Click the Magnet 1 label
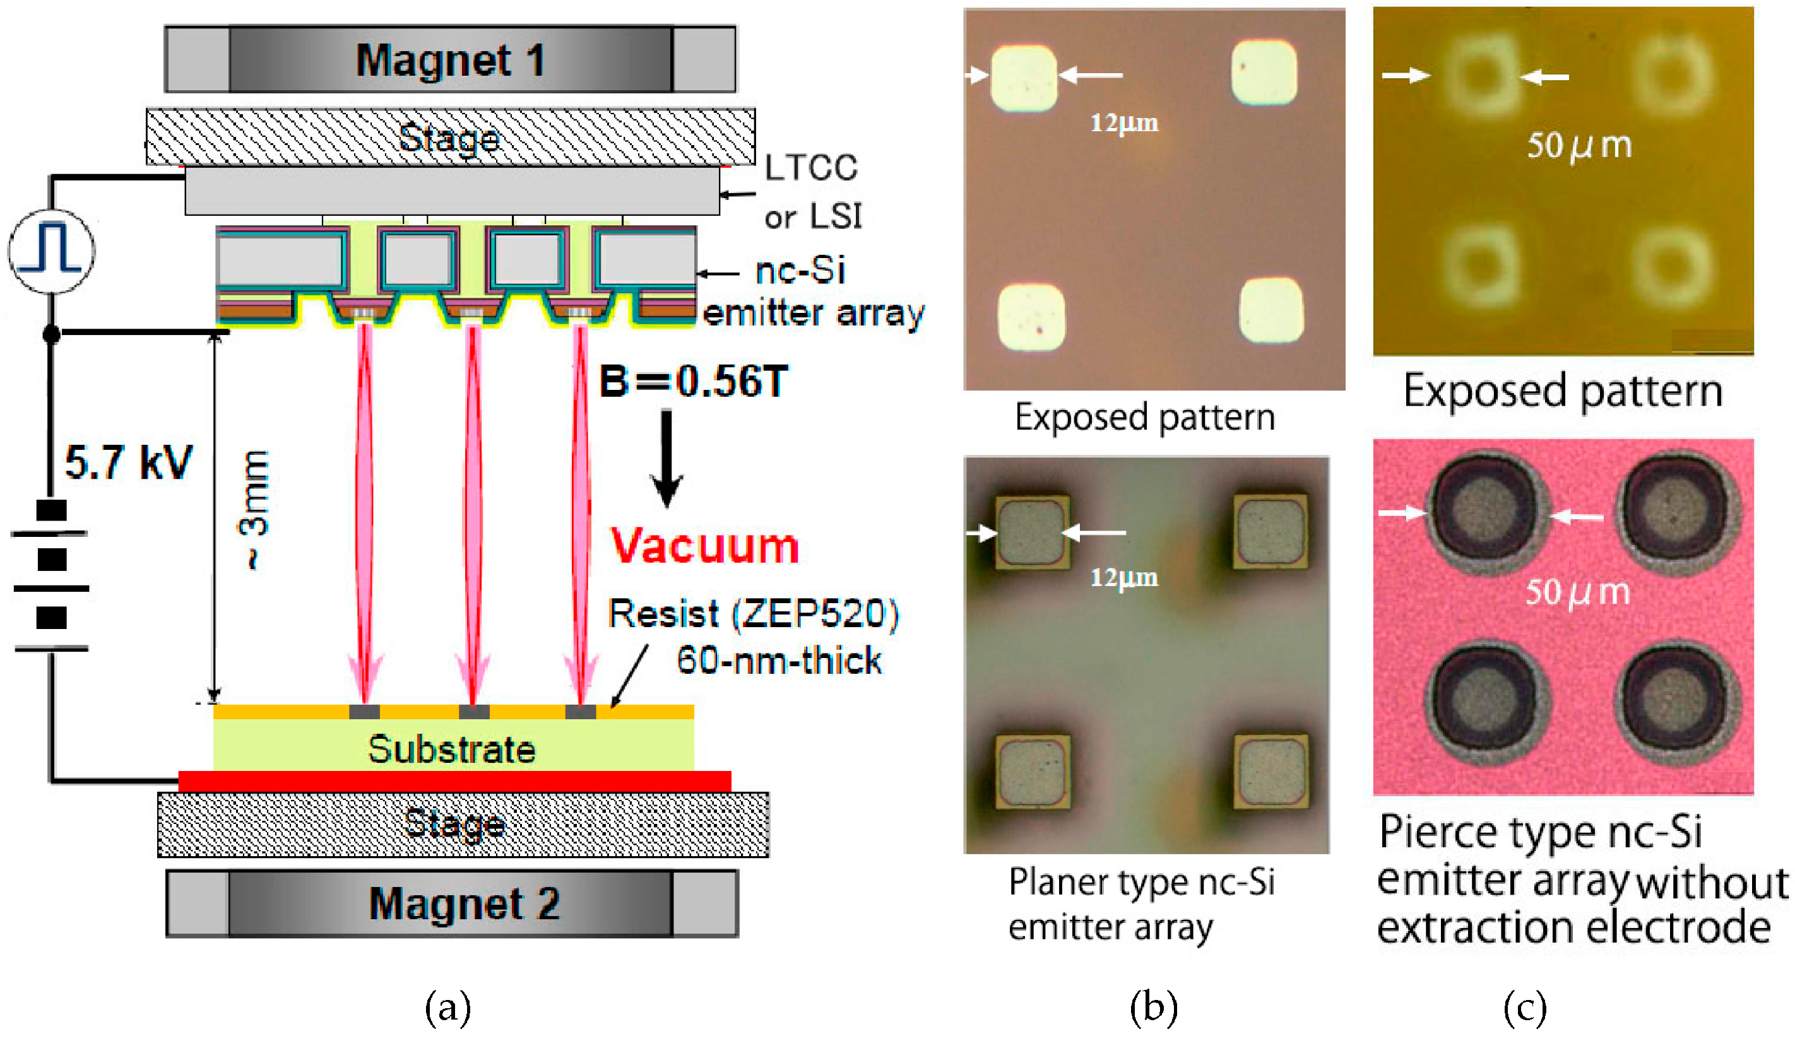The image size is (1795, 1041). point(450,60)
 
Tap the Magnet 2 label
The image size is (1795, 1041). point(464,903)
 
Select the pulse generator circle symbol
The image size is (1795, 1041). point(51,250)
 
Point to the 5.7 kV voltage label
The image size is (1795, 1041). point(128,463)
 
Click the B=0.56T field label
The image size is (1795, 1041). point(693,382)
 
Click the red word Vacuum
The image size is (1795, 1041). point(704,547)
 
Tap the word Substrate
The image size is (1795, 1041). point(452,750)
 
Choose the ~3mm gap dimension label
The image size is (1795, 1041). point(254,510)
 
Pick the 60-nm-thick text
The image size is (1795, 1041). point(779,661)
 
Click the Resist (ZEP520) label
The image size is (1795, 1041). point(754,614)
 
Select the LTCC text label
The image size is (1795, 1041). point(810,168)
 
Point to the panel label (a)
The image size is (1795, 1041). point(448,1008)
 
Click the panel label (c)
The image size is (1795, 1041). point(1525,1008)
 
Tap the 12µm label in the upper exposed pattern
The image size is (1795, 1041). point(1124,123)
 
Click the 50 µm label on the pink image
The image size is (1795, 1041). point(1578,592)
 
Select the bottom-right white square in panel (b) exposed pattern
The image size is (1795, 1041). point(1271,310)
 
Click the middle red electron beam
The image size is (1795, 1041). point(473,513)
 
